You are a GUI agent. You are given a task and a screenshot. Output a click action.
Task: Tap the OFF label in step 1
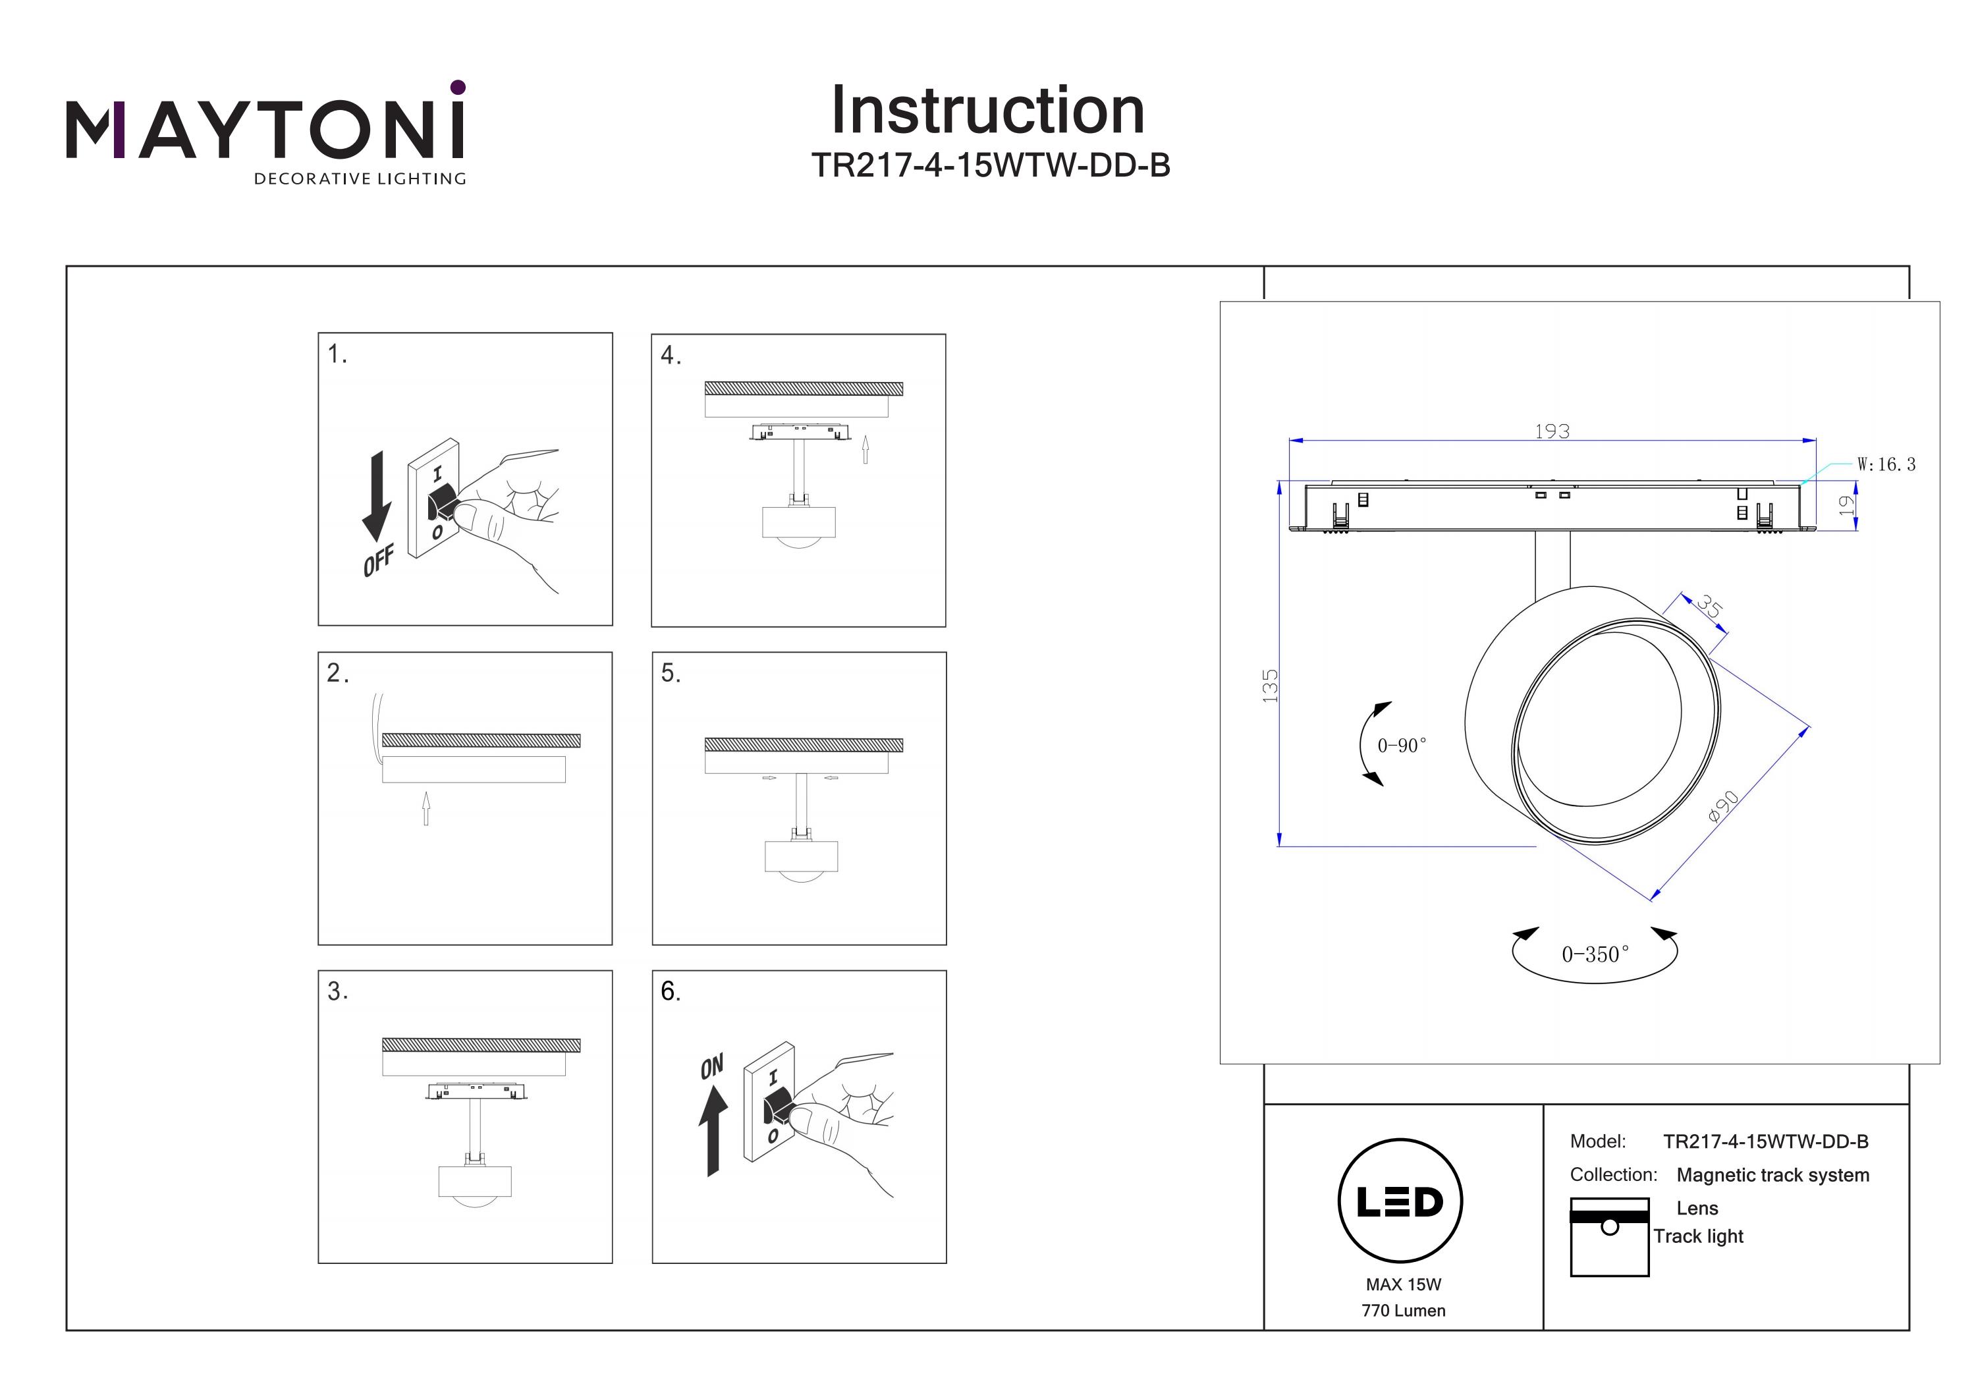(378, 561)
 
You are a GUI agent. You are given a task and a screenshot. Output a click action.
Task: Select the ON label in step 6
(712, 1067)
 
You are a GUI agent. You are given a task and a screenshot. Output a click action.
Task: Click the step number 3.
(337, 991)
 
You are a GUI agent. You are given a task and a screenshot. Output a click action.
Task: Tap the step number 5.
(671, 673)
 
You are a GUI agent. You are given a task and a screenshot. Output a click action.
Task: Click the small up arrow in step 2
(425, 808)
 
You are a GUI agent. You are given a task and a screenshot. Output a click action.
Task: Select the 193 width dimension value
(1552, 431)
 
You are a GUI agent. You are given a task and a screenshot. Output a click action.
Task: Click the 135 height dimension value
(1271, 686)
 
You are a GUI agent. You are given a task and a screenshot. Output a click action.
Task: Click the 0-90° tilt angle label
(1401, 746)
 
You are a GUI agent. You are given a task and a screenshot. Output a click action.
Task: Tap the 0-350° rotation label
(1595, 954)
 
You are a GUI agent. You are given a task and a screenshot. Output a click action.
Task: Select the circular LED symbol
(1400, 1201)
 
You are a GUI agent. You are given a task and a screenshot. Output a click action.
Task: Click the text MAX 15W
(1403, 1284)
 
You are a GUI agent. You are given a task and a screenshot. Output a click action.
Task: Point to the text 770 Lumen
(1403, 1311)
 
